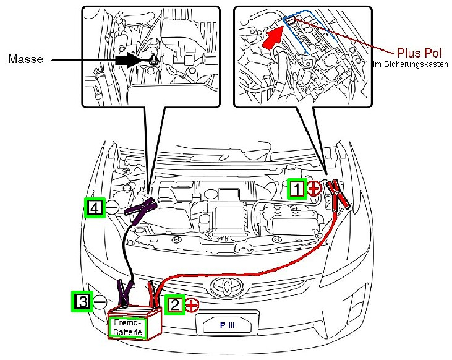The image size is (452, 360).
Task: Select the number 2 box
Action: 176,304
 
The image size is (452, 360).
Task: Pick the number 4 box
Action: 94,208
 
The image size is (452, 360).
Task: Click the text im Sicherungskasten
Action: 411,64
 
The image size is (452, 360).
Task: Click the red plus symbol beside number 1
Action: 314,189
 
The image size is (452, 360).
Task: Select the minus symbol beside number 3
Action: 99,302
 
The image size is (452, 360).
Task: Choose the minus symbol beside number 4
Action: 112,208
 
